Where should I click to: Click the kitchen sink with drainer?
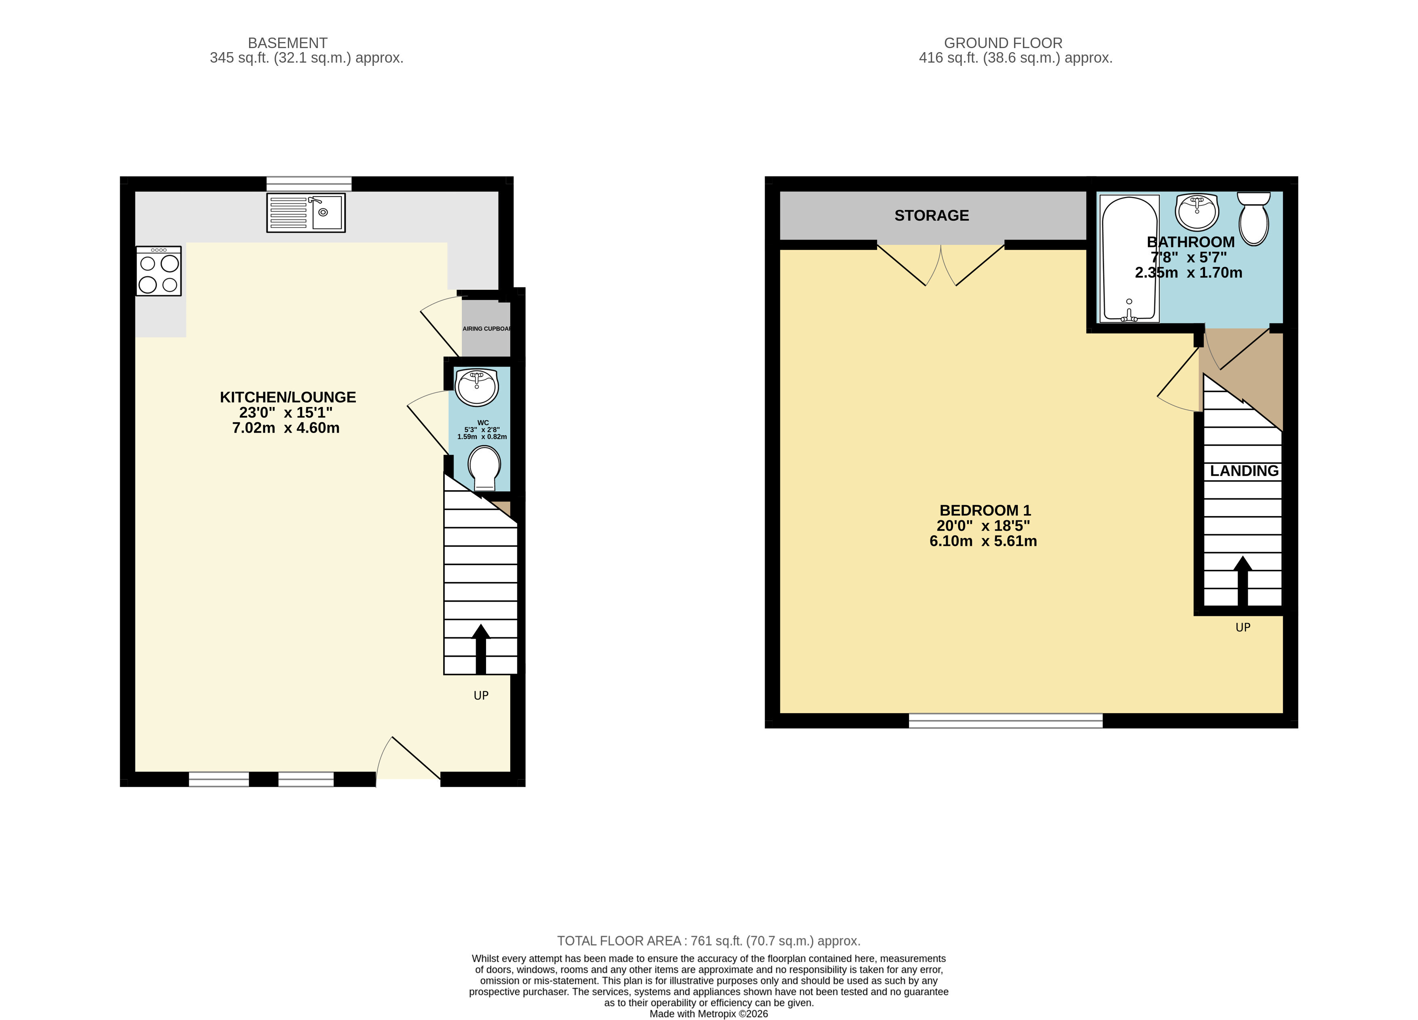(306, 213)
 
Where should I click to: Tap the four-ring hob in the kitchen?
(159, 271)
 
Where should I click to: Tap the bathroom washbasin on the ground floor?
(1197, 212)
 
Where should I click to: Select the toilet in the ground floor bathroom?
(1253, 218)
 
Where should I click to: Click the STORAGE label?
(932, 216)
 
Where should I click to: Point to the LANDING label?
(1244, 471)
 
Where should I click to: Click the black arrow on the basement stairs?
(481, 649)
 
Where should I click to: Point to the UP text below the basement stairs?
(481, 695)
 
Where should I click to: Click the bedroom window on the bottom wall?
(1005, 721)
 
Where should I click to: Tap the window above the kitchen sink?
(309, 184)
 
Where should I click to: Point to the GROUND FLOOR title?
(1004, 43)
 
